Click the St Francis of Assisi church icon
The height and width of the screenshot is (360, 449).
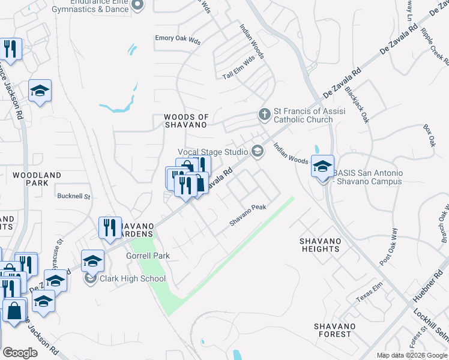264,113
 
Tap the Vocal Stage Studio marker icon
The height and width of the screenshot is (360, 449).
258,151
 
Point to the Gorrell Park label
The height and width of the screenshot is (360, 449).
148,256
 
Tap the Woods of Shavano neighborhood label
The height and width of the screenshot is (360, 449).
186,121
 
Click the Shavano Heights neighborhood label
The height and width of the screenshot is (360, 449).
321,245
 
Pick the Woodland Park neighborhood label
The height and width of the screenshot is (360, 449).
37,179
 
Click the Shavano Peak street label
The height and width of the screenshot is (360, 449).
247,215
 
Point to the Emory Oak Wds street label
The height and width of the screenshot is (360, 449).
178,38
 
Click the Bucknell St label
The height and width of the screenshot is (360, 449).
73,196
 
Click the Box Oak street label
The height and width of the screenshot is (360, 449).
429,136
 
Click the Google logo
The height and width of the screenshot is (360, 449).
20,353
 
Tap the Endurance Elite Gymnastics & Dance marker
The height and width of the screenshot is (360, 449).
138,5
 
